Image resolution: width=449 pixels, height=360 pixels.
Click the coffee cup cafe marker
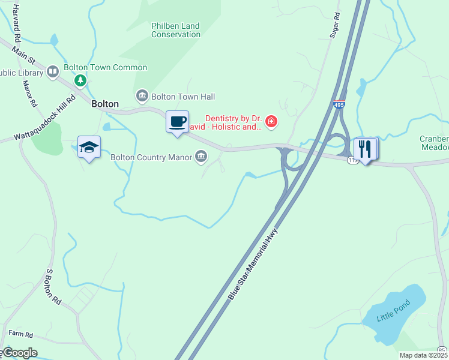[177, 122]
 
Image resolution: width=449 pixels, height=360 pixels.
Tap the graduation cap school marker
[89, 148]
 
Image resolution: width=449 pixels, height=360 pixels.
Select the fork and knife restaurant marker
[365, 149]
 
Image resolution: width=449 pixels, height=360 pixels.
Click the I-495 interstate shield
[339, 104]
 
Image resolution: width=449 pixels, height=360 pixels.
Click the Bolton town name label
[105, 104]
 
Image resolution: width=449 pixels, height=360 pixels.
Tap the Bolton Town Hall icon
[142, 97]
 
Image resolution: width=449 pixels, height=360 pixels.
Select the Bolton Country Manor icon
[201, 157]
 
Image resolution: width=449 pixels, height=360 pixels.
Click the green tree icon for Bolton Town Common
[79, 80]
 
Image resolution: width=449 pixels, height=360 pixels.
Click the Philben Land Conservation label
[176, 30]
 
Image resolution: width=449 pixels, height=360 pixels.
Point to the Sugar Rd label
[335, 25]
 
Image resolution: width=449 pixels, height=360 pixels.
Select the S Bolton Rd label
[53, 286]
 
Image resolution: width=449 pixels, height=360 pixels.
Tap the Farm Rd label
[20, 334]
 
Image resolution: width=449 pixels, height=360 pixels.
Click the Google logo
[19, 353]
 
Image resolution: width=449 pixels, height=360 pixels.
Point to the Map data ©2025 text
[423, 355]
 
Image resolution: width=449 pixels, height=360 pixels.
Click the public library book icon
[53, 73]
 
